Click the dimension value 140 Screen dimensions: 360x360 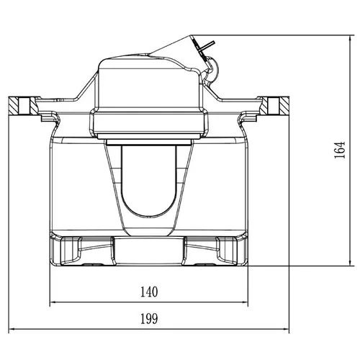pyautogui.click(x=149, y=292)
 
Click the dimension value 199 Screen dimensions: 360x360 pyautogui.click(x=149, y=319)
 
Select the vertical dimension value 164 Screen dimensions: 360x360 pyautogui.click(x=340, y=150)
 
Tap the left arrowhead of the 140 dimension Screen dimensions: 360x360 pyautogui.click(x=53, y=302)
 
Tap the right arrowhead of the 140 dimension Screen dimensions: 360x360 pyautogui.click(x=245, y=302)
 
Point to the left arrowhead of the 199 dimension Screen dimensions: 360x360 pyautogui.click(x=12, y=329)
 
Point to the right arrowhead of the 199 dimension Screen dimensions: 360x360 pyautogui.click(x=286, y=329)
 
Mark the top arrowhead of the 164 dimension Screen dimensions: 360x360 pyautogui.click(x=351, y=38)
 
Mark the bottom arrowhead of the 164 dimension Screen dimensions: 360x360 pyautogui.click(x=351, y=263)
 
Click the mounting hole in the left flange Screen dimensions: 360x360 pyautogui.click(x=24, y=106)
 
